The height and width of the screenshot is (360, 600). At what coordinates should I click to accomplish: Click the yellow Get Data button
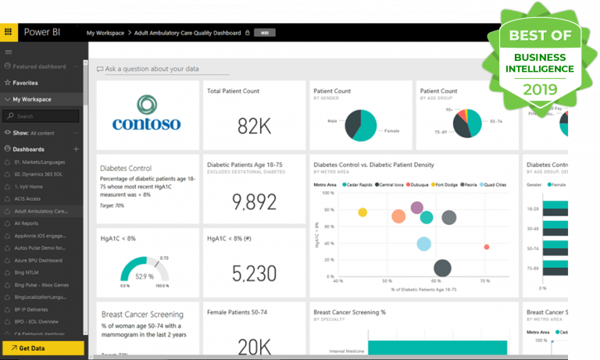42,348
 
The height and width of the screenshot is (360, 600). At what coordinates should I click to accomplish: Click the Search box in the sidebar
42,116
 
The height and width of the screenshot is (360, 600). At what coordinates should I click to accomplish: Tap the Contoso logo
146,115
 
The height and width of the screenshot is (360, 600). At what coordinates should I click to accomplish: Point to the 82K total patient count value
253,126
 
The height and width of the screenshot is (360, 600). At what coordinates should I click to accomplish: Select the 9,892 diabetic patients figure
254,202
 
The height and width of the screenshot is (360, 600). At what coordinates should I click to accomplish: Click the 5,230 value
254,273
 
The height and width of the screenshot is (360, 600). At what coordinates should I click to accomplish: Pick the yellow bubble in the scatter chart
362,212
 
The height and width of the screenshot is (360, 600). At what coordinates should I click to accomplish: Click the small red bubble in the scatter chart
486,247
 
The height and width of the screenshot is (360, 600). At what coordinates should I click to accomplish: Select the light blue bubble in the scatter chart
423,244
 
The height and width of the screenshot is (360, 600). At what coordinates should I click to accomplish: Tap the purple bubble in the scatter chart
417,208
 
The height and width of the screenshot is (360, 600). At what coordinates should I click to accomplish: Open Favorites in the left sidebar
25,83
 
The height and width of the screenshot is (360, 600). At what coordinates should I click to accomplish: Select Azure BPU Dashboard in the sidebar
39,259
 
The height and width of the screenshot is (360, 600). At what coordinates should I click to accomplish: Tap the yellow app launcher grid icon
9,33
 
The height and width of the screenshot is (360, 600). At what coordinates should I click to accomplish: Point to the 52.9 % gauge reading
144,276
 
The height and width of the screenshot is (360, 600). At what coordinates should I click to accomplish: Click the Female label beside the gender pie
391,130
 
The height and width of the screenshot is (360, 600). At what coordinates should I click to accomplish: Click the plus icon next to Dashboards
76,148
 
